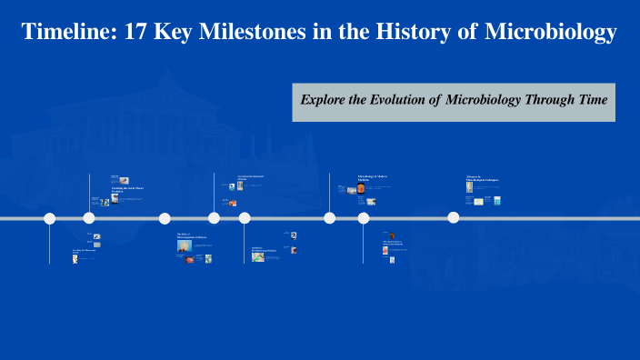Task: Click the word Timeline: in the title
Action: [x=65, y=34]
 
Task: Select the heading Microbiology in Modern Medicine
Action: [x=373, y=178]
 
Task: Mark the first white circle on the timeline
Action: [x=50, y=218]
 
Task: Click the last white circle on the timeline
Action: [x=453, y=217]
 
